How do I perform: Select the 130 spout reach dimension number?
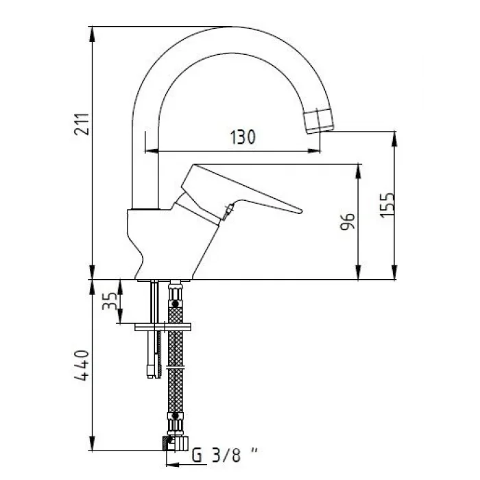pos(242,137)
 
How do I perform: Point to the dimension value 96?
pos(348,223)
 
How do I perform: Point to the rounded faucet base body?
pos(165,243)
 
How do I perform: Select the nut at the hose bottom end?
pos(176,443)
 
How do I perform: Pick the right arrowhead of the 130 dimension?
pos(317,151)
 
